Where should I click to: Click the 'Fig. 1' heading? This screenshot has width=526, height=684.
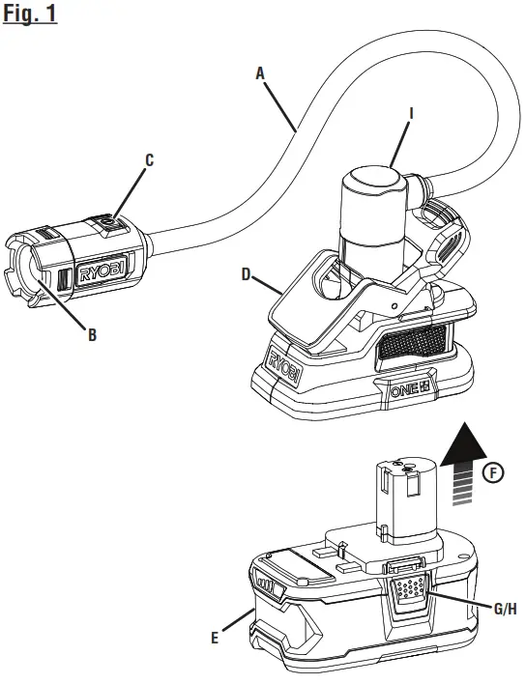pos(31,16)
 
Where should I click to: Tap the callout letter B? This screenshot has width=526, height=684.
pos(92,336)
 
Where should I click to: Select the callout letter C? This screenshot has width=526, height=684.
pos(149,160)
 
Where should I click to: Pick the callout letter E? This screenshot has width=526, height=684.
pos(214,638)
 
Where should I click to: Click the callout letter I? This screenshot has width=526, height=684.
pos(411,113)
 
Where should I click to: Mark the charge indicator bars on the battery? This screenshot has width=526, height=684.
pos(264,584)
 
